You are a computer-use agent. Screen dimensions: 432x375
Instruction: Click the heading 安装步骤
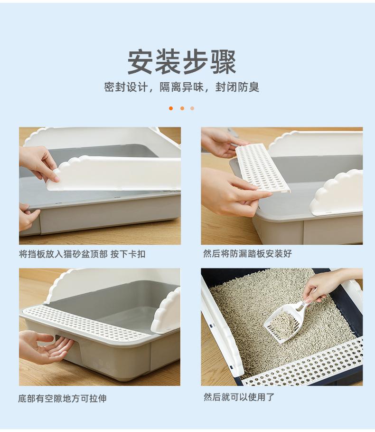pyautogui.click(x=182, y=62)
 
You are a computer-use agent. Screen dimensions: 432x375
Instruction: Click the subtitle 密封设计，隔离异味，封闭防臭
pyautogui.click(x=182, y=87)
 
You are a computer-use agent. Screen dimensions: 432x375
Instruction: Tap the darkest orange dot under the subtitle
pyautogui.click(x=171, y=108)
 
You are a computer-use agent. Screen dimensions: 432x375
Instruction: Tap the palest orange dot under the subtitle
pyautogui.click(x=192, y=108)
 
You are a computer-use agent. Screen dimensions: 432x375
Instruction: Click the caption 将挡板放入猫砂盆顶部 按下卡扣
pyautogui.click(x=82, y=254)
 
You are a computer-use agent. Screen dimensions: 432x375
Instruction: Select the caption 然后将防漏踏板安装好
pyautogui.click(x=247, y=254)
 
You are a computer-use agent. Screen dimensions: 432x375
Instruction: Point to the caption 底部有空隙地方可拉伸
pyautogui.click(x=62, y=398)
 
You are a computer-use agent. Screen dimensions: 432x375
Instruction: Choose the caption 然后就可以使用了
pyautogui.click(x=239, y=397)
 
